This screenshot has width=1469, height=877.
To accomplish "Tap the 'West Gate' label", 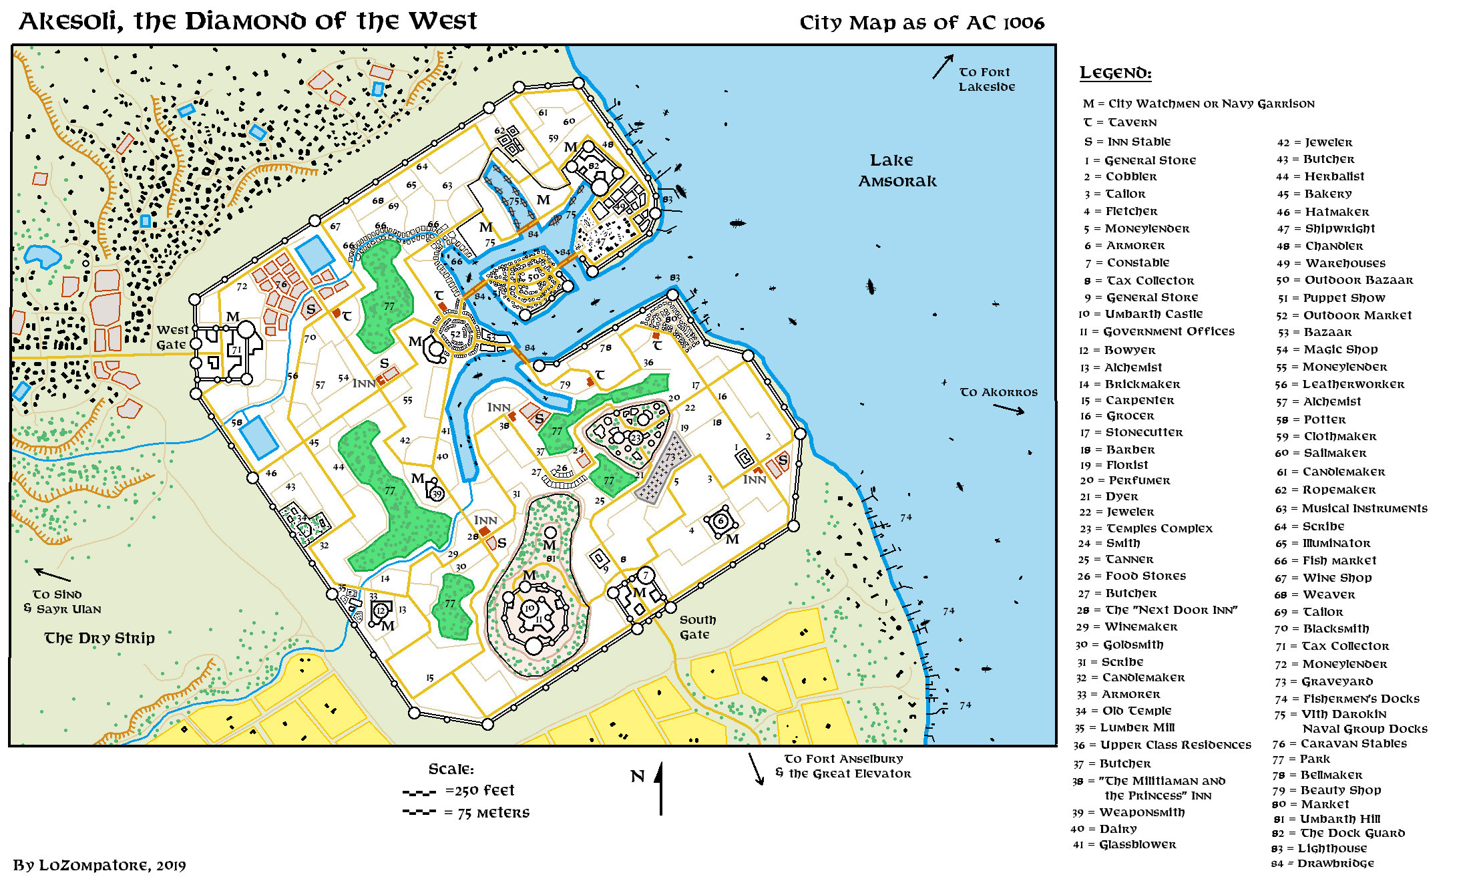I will (172, 337).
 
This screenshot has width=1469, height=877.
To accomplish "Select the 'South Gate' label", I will (697, 627).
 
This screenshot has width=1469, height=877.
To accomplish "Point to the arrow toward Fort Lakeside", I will (942, 67).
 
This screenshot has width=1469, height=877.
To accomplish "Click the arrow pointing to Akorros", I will (1009, 409).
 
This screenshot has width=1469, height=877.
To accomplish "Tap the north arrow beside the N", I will (660, 788).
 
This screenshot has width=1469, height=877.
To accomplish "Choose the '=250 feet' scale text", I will (479, 791).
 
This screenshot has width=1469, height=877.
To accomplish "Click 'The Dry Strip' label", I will (99, 639).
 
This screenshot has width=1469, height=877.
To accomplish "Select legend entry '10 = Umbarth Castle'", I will (1153, 314).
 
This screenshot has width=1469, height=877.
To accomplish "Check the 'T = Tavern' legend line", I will (1120, 122).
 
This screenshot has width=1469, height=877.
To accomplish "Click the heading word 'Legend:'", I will (1115, 73).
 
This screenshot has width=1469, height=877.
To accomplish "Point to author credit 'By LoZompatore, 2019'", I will (99, 865).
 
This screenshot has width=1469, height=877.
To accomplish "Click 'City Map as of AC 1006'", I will (921, 23).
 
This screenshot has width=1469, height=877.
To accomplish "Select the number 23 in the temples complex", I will (636, 438).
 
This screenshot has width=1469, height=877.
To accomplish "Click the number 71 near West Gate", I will (236, 350).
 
